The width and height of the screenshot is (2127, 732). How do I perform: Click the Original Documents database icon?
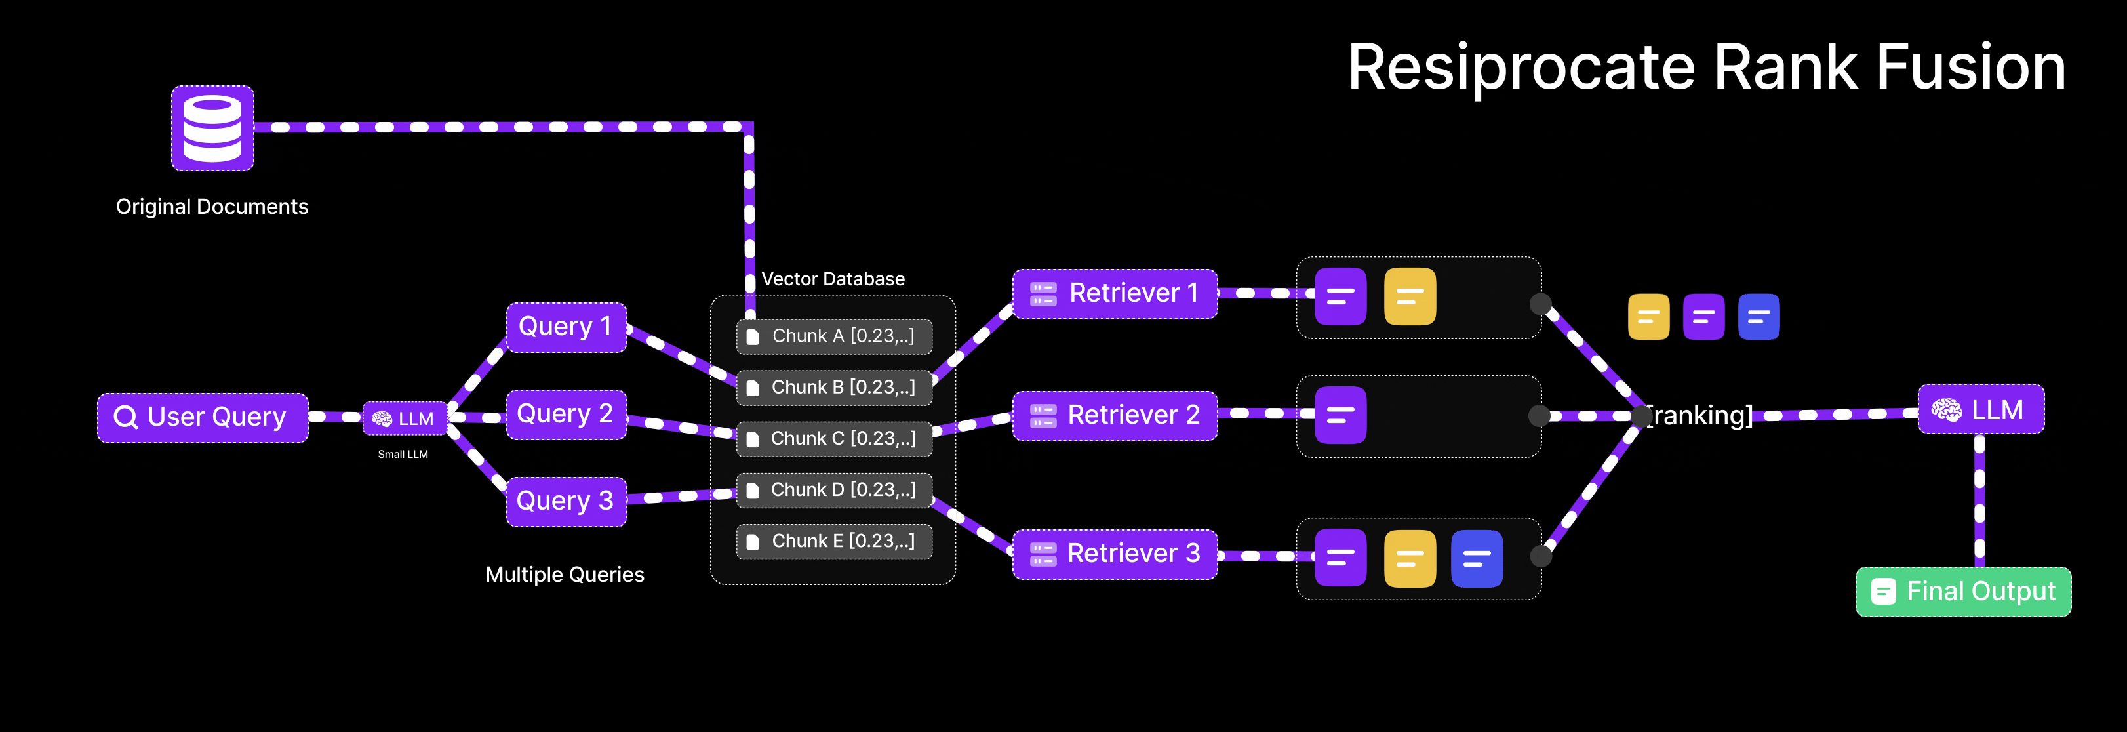[212, 128]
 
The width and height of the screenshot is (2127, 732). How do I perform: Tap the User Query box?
[203, 417]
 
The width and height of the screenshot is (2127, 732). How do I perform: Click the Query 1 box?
[567, 327]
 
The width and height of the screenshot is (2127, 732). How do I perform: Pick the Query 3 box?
[567, 500]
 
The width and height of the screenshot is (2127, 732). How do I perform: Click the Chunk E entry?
[834, 541]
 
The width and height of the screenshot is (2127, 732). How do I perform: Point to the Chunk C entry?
[834, 439]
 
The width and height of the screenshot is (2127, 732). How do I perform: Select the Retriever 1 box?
[1115, 293]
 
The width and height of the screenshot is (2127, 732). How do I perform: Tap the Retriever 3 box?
[1115, 554]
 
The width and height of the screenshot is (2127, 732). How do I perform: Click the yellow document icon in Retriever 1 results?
[1410, 296]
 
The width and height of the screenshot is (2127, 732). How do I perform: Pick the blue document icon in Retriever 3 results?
[1477, 558]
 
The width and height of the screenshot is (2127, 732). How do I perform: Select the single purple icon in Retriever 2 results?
[1340, 415]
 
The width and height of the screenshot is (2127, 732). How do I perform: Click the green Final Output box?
[1962, 592]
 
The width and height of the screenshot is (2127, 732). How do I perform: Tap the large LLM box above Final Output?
[1980, 410]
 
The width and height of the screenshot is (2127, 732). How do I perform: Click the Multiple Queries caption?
[565, 574]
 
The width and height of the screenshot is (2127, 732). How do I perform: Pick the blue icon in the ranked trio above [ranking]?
[1758, 316]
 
